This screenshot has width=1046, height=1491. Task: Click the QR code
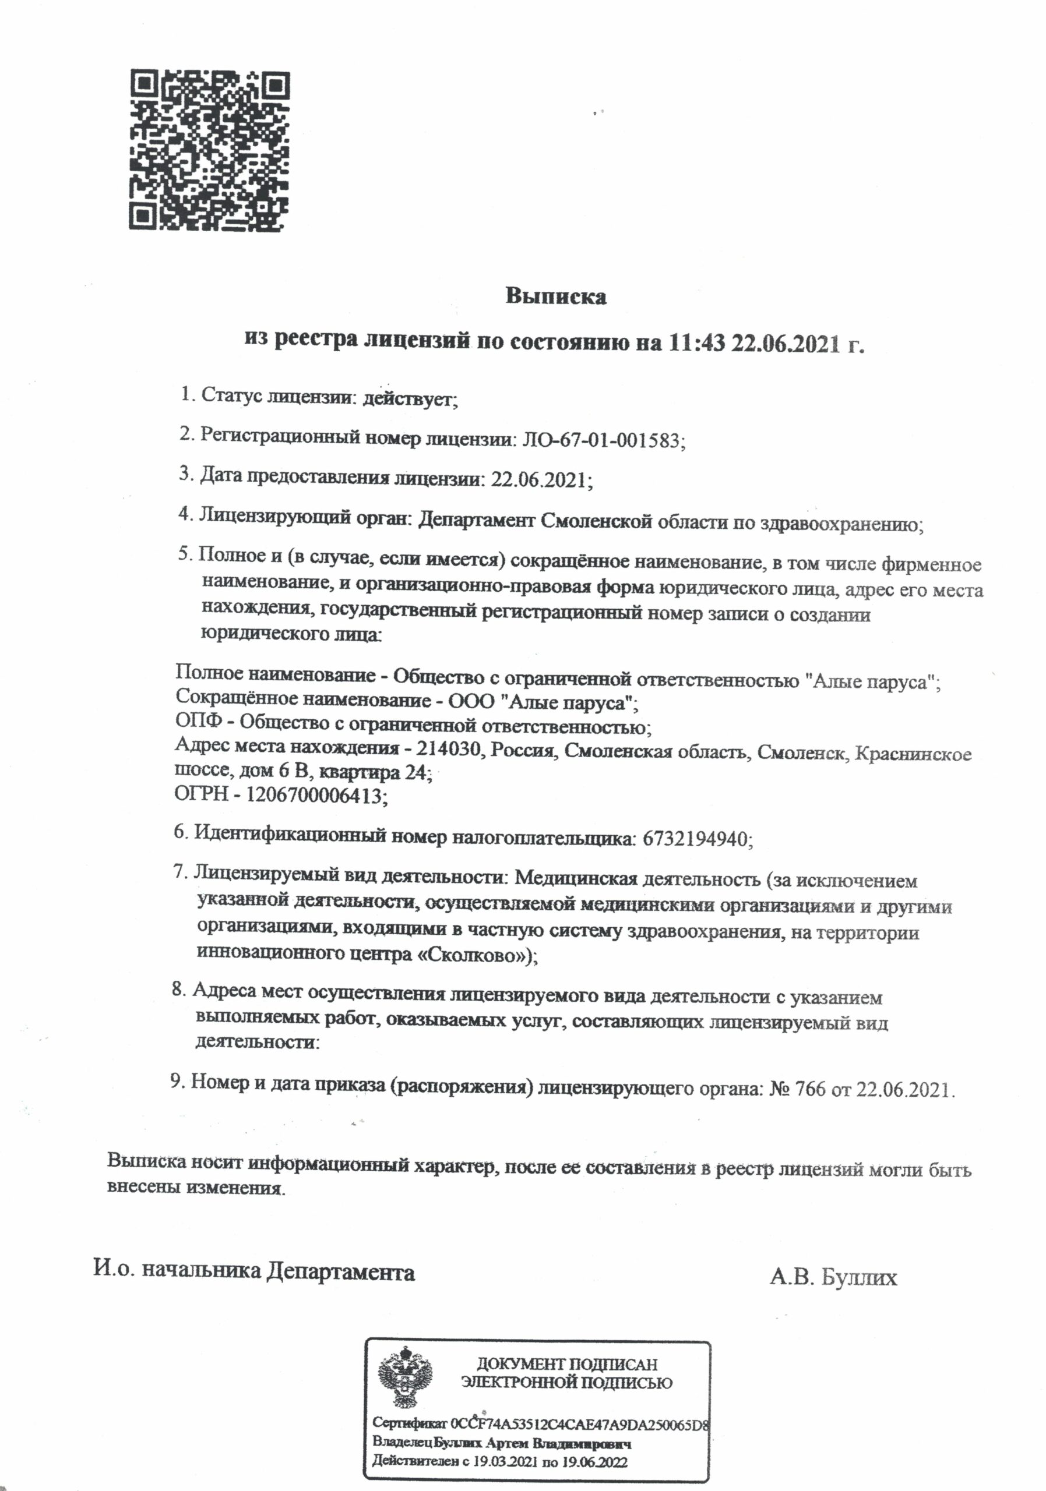point(209,150)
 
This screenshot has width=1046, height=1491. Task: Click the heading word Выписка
point(555,297)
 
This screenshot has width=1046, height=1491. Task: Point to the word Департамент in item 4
point(476,520)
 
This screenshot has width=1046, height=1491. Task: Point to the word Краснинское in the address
point(913,753)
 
